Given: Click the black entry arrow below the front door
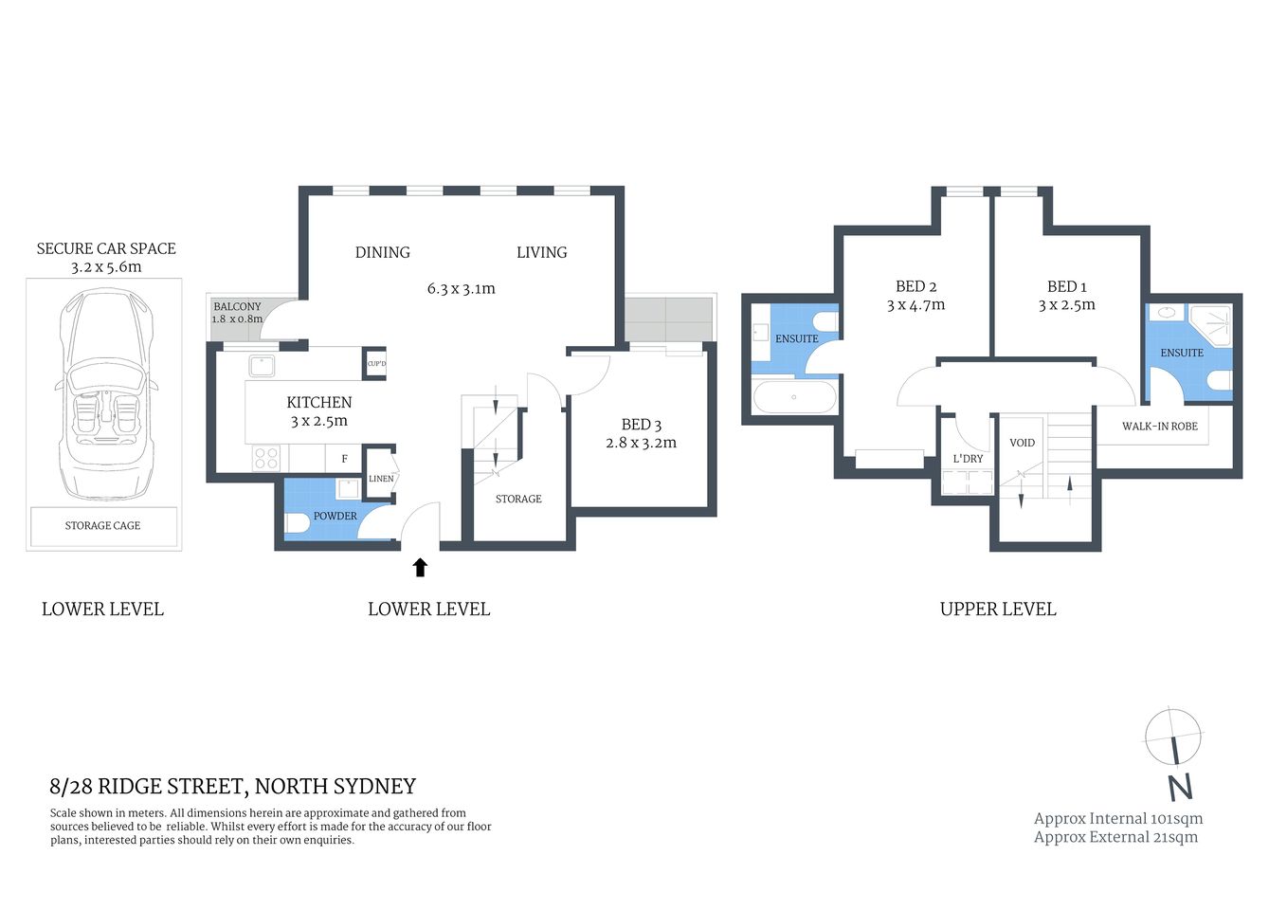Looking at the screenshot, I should (420, 567).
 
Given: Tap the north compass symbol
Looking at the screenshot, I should (1173, 749).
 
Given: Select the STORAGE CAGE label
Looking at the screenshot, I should (102, 525).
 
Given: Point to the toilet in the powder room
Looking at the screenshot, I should (298, 522).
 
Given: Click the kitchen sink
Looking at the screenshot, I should (262, 365).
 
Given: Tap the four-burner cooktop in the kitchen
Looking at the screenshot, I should (265, 459).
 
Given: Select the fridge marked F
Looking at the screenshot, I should (344, 459).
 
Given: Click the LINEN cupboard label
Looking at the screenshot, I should (381, 479).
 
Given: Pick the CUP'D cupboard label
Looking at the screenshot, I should (376, 364).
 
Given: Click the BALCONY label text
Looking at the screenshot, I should (237, 306).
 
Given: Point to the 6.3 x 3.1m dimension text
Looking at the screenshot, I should (461, 288).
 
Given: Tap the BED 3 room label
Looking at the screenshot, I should (641, 425).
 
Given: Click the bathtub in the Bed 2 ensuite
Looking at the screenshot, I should (794, 397).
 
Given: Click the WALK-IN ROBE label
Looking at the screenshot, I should (1159, 427).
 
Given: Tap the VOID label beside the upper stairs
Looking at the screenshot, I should (1022, 443).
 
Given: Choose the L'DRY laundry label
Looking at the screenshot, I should (968, 459).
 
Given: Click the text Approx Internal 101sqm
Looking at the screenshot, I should (1117, 818).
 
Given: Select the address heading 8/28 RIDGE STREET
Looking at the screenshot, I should (232, 786).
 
